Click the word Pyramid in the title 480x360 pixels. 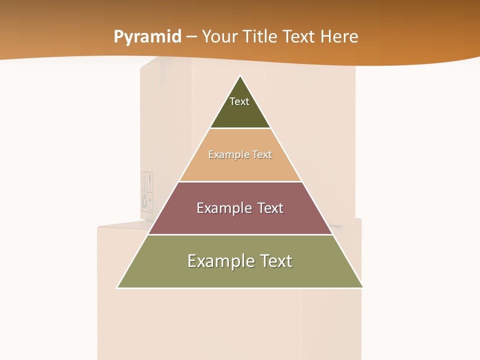tap(147, 37)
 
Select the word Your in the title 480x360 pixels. tap(220, 36)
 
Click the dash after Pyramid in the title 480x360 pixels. tap(191, 37)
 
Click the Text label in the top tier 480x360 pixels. tap(239, 101)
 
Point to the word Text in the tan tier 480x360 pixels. tap(262, 154)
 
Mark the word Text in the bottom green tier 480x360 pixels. tap(275, 261)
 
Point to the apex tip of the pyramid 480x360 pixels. tap(240, 76)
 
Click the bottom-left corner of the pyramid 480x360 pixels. tap(118, 287)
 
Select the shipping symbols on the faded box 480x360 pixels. tap(147, 192)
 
